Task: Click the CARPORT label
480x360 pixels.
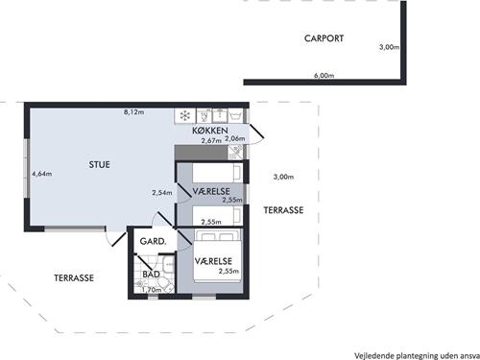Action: coord(324,38)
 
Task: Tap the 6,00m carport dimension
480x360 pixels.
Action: coord(324,76)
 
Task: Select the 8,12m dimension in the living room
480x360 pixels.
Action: coord(133,112)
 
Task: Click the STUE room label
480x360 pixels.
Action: coord(99,164)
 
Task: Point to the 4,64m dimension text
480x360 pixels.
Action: coord(41,174)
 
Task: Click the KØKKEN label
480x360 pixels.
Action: coord(210,131)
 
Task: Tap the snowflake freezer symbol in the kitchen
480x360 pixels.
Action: coord(185,115)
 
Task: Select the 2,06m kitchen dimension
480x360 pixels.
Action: coord(235,138)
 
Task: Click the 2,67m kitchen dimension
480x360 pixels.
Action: coord(211,140)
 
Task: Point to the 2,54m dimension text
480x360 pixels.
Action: coord(162,193)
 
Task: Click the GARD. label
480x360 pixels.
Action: coord(153,241)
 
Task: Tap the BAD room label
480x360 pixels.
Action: coord(151,275)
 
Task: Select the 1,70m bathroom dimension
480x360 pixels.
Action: coord(152,290)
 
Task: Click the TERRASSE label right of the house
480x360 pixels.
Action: coord(283,210)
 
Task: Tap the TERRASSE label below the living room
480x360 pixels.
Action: coord(74,277)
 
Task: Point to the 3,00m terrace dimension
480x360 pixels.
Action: coord(283,177)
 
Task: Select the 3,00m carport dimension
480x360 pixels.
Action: coord(389,47)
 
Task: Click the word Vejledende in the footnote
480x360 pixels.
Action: coord(374,355)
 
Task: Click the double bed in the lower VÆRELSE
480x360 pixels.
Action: coord(217,256)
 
